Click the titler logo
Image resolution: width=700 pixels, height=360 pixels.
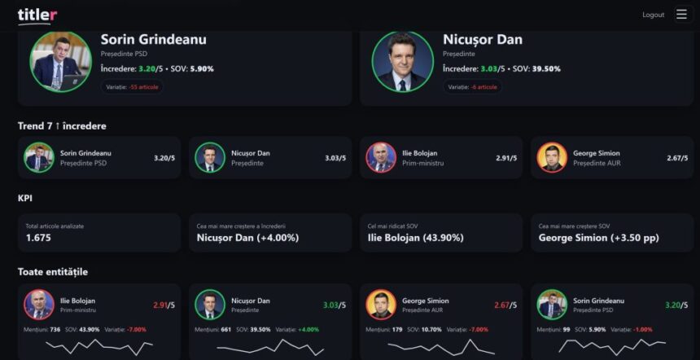pyautogui.click(x=37, y=15)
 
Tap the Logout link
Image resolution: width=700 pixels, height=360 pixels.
pyautogui.click(x=653, y=15)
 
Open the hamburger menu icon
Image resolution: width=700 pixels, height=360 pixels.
pyautogui.click(x=681, y=15)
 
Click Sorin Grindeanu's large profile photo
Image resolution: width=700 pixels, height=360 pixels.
pyautogui.click(x=60, y=62)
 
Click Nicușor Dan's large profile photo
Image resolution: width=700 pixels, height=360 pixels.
pyautogui.click(x=402, y=62)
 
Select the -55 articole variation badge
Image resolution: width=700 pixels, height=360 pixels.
pyautogui.click(x=132, y=86)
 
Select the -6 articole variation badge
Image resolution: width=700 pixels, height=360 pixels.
pyautogui.click(x=472, y=86)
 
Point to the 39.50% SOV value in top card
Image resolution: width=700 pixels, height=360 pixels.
pyautogui.click(x=546, y=69)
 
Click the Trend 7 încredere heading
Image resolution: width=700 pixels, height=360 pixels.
pyautogui.click(x=62, y=126)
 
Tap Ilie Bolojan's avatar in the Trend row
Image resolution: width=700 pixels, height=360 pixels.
pyautogui.click(x=381, y=157)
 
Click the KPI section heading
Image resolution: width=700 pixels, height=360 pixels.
pyautogui.click(x=25, y=198)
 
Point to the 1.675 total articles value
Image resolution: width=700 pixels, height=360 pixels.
pyautogui.click(x=38, y=238)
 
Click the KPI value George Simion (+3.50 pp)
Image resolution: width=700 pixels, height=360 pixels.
pyautogui.click(x=598, y=238)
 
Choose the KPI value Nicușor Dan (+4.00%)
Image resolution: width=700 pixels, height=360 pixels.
pyautogui.click(x=247, y=238)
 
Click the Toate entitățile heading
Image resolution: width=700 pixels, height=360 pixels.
pyautogui.click(x=52, y=271)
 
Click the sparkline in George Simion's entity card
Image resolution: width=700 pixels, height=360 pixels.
pyautogui.click(x=440, y=347)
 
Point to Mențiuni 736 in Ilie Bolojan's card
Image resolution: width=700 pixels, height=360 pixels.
pyautogui.click(x=42, y=330)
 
